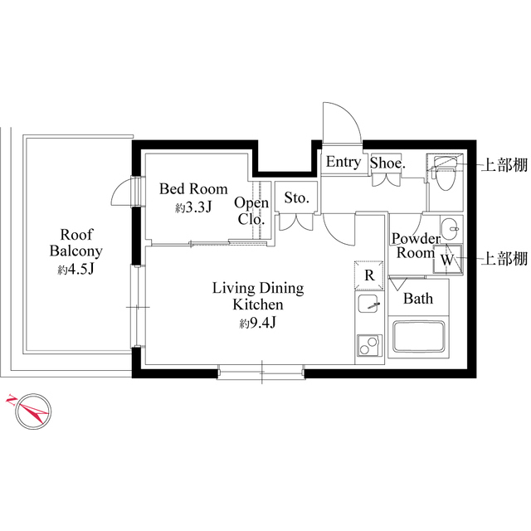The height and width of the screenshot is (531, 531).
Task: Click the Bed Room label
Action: [x=192, y=188]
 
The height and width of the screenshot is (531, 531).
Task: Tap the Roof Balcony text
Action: [x=76, y=241]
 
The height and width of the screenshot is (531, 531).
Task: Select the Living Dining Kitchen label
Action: [x=258, y=296]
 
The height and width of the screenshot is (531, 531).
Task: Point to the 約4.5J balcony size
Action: [x=76, y=270]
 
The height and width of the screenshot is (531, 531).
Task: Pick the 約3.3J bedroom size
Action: [x=193, y=208]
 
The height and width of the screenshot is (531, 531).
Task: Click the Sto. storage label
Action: [x=296, y=197]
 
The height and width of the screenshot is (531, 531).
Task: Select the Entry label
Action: [x=343, y=162]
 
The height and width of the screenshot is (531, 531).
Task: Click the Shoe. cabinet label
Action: [x=387, y=163]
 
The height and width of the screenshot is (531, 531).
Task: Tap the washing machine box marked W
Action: [x=447, y=259]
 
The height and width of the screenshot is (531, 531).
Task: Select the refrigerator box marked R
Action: [x=368, y=275]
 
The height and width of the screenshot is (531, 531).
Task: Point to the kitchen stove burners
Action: [x=368, y=345]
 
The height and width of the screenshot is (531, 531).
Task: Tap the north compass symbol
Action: [x=27, y=411]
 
